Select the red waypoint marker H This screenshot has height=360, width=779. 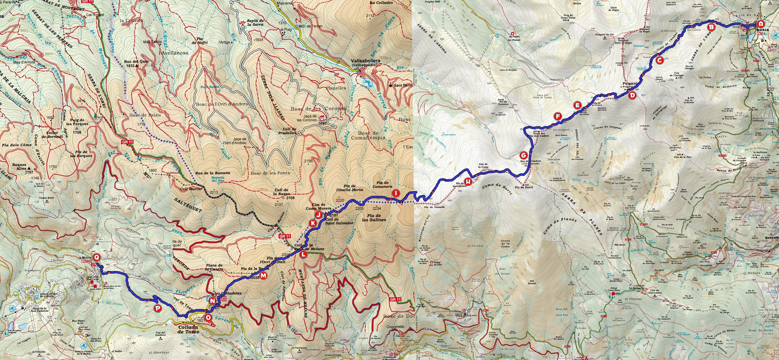[x=468, y=182]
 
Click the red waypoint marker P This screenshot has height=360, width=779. [x=158, y=308]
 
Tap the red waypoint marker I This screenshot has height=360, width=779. [x=396, y=193]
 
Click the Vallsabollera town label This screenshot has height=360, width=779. [x=365, y=62]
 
